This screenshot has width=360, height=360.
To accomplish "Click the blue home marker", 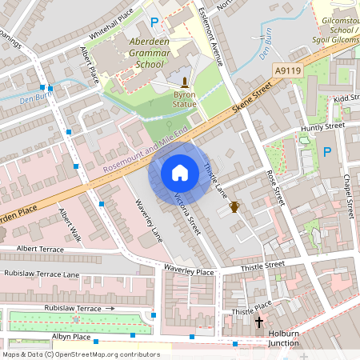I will click(x=180, y=173).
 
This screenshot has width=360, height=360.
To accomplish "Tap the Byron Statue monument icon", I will click(x=185, y=82).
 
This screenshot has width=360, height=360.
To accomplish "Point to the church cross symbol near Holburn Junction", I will click(x=258, y=322).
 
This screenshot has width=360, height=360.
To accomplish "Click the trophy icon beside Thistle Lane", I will click(x=234, y=207).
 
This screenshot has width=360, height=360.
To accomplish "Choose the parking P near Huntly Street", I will click(x=326, y=152).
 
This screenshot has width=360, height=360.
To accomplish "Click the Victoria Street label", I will click(x=185, y=213).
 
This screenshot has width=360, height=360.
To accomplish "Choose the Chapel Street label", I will click(x=348, y=196).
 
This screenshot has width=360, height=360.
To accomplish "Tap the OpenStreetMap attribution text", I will click(x=80, y=354).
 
